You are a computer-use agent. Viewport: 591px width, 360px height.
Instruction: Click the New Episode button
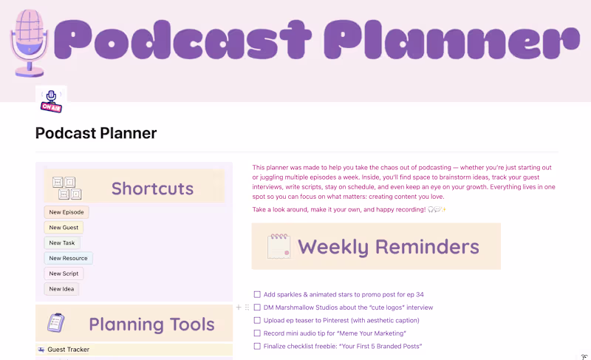[66, 212]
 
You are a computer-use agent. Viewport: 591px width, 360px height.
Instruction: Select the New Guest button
[64, 228]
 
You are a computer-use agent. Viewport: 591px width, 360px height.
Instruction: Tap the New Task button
[62, 242]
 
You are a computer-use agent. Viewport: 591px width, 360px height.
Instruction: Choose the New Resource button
[68, 258]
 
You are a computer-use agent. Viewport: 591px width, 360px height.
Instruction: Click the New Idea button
[61, 289]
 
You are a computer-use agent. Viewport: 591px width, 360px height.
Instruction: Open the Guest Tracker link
[68, 350]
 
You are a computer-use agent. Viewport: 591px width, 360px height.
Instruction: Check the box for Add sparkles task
[257, 294]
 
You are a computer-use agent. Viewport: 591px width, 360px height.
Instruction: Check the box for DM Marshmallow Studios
[257, 308]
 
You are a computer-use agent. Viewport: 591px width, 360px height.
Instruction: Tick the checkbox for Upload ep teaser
[257, 321]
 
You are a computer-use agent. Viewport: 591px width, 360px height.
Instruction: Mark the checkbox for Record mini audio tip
[257, 333]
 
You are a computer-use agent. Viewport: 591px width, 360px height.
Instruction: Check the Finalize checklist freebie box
[257, 346]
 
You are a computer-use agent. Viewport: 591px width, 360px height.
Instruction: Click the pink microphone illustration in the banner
[28, 41]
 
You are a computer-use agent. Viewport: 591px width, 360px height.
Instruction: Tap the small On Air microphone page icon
[51, 101]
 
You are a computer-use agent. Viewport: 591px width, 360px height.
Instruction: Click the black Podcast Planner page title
[96, 134]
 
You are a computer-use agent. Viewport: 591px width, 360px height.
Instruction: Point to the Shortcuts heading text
[152, 189]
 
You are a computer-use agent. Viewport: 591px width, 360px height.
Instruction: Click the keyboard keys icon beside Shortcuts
[64, 188]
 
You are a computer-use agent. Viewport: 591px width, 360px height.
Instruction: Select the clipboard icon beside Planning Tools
[56, 323]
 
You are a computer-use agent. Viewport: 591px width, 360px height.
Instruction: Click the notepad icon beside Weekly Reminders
[279, 246]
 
